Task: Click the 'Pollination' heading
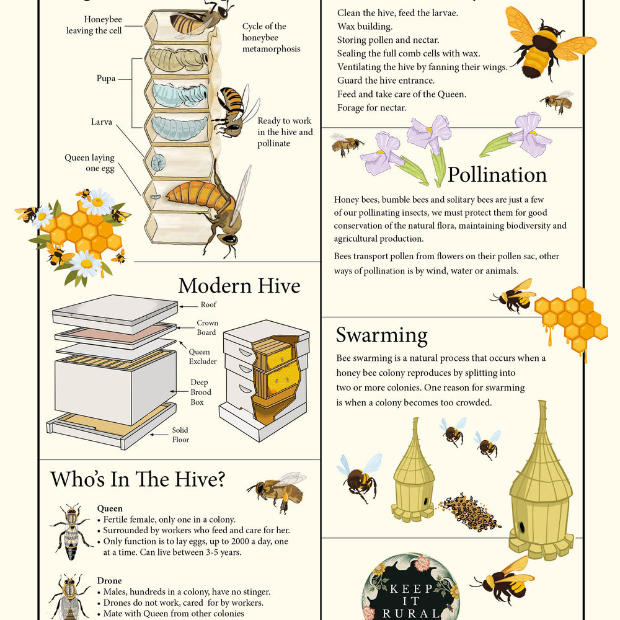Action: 497,175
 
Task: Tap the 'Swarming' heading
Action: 381,335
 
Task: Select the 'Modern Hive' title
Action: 239,285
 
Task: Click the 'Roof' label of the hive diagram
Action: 208,304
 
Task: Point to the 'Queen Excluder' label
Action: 203,356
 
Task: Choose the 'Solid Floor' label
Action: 180,435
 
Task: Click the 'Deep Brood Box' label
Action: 200,392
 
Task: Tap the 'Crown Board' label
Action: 207,327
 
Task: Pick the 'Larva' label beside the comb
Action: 102,122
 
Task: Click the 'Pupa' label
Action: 106,78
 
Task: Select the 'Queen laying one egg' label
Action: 90,163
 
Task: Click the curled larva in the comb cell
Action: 158,162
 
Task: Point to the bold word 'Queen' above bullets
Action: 110,508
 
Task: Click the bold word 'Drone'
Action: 110,580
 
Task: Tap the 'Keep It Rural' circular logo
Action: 411,587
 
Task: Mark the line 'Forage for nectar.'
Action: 371,107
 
